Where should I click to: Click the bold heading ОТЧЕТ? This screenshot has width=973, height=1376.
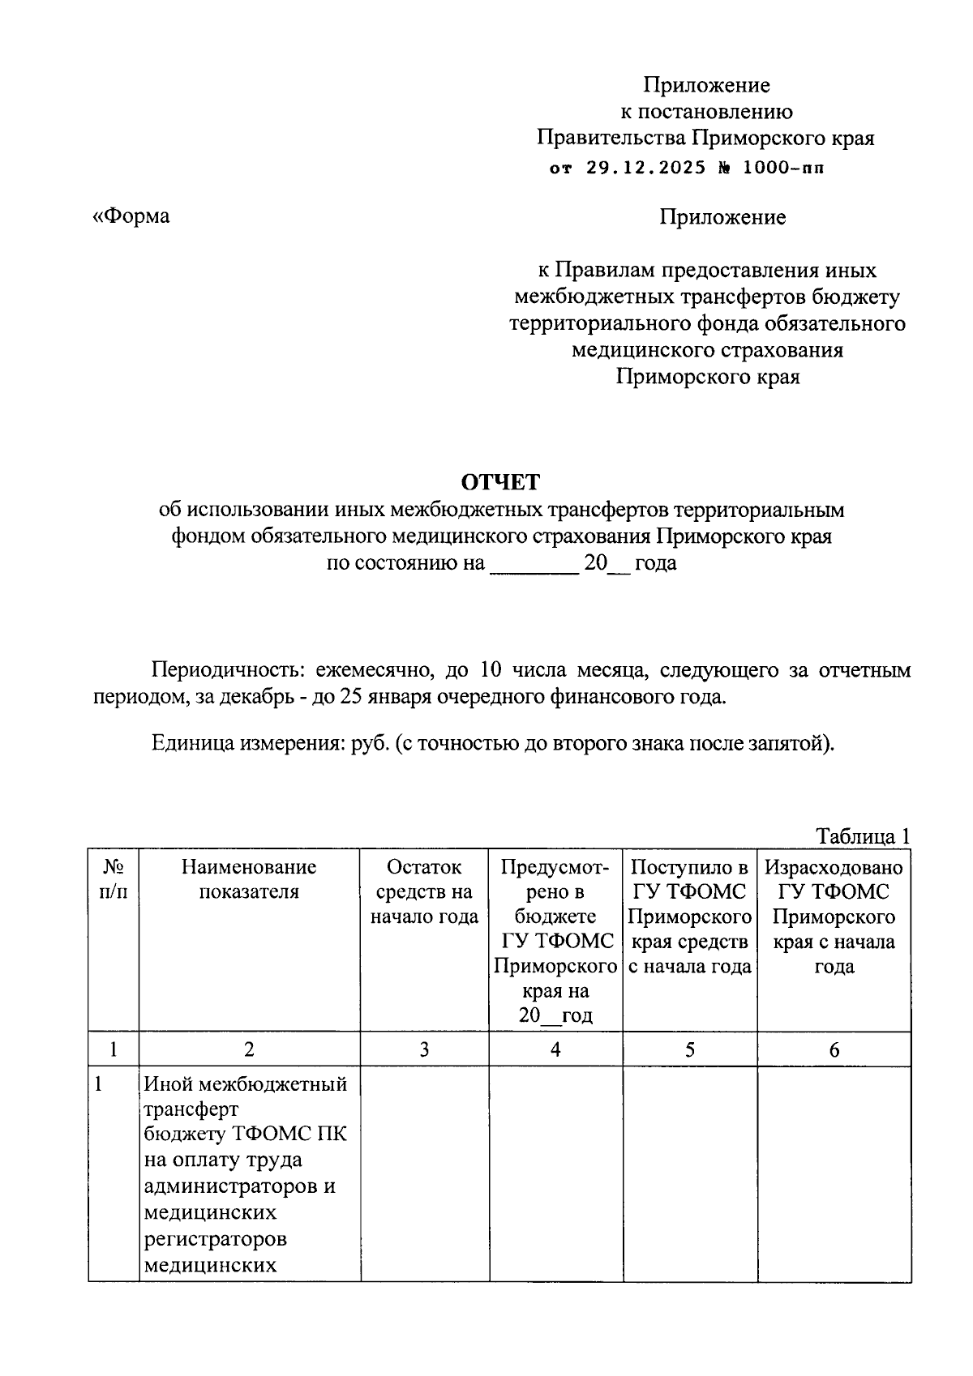(x=500, y=482)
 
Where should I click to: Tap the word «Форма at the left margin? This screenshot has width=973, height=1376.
(x=131, y=216)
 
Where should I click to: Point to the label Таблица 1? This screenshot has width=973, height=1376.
(x=863, y=835)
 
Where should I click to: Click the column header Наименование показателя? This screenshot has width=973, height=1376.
(x=249, y=879)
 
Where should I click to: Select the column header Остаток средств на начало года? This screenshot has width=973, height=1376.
(x=424, y=891)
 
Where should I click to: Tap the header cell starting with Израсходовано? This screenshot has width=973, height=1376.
(x=834, y=916)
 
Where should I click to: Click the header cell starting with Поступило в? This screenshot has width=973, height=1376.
(x=689, y=916)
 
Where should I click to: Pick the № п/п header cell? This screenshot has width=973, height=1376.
(x=114, y=879)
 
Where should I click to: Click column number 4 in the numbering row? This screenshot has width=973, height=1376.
(x=555, y=1049)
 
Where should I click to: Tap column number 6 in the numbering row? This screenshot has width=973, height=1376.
(x=834, y=1050)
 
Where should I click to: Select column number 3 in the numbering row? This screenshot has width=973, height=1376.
(x=424, y=1049)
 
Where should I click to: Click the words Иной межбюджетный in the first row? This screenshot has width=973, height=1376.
(x=245, y=1083)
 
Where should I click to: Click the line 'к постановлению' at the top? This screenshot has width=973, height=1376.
(x=706, y=111)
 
